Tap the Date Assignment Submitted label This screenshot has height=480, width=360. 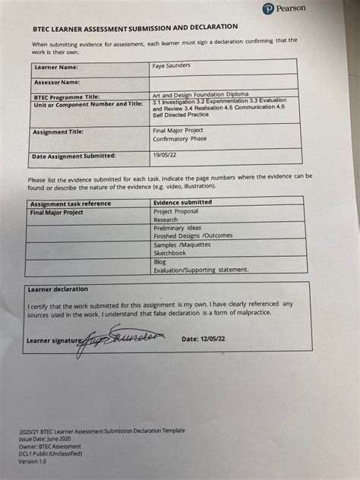(74, 155)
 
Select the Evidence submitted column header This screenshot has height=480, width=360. (182, 202)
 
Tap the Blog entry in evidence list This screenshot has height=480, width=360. (160, 261)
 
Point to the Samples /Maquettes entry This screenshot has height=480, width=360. (182, 244)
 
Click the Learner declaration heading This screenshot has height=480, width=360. (57, 289)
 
